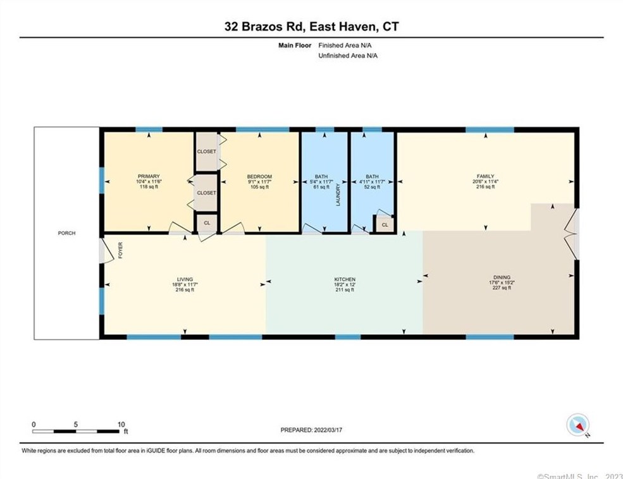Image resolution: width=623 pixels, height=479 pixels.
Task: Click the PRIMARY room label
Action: tap(149, 176)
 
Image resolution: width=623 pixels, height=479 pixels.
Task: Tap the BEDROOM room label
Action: tap(259, 176)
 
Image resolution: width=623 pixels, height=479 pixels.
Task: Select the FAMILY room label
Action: tap(486, 176)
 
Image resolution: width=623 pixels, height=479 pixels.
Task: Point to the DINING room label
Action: tap(502, 277)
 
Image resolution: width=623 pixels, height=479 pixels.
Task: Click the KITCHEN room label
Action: tap(345, 279)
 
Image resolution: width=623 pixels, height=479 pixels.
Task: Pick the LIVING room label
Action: tap(185, 279)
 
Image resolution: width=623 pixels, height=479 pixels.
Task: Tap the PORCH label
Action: tap(67, 233)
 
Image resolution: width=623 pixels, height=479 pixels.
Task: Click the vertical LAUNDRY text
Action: tap(338, 195)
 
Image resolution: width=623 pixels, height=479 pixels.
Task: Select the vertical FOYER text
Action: tap(120, 250)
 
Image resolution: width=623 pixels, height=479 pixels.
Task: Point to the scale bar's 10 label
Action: tap(121, 424)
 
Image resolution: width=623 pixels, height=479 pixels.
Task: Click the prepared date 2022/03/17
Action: tap(328, 430)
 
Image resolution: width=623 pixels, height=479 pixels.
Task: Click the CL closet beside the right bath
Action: tap(385, 225)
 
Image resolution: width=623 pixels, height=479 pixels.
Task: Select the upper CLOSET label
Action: tap(207, 152)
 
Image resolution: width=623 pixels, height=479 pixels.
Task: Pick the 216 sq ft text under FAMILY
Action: tap(486, 186)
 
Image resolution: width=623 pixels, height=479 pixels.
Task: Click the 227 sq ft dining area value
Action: tap(502, 288)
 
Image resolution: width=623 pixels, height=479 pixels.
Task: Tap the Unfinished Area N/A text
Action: tap(348, 56)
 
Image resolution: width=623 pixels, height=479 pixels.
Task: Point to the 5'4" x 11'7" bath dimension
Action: tap(321, 182)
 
